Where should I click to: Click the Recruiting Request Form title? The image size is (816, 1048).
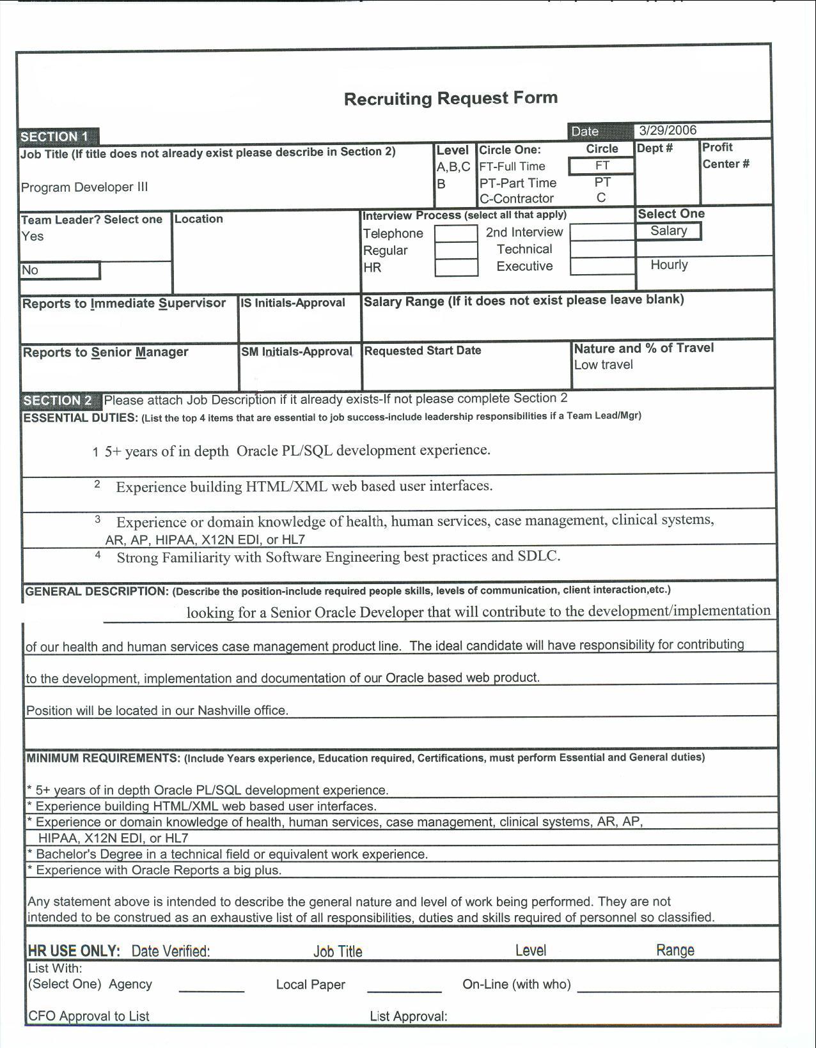[451, 98]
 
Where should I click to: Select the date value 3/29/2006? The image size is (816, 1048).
[668, 130]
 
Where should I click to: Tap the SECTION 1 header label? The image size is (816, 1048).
[55, 137]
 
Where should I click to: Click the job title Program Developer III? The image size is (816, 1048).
[84, 187]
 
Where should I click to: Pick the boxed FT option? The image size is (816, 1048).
[602, 166]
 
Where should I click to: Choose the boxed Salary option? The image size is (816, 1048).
[668, 231]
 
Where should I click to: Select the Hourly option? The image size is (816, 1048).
[669, 265]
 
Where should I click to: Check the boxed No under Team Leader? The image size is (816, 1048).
[59, 270]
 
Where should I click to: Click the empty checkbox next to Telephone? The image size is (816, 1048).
[456, 233]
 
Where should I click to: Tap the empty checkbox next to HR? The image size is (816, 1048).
[456, 268]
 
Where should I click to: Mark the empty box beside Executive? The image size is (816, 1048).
[602, 266]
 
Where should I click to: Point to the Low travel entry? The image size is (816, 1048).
[603, 365]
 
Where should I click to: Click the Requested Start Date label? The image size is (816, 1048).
[423, 351]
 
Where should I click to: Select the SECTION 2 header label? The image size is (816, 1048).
[58, 401]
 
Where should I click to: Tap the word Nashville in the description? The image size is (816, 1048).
[222, 711]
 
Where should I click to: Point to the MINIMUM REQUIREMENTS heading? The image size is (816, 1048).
[103, 759]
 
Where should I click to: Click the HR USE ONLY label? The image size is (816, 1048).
[74, 951]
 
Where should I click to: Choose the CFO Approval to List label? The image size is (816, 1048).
[89, 1016]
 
